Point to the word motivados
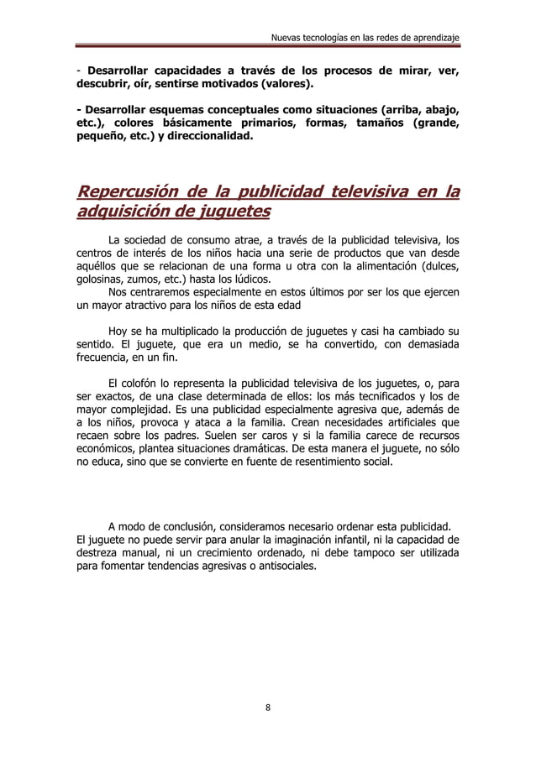pyautogui.click(x=235, y=84)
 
